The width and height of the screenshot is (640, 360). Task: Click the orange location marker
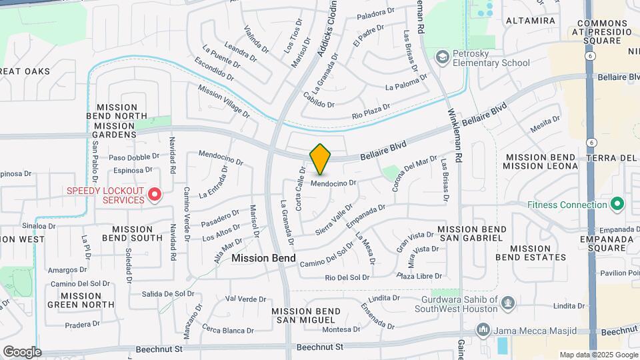320,159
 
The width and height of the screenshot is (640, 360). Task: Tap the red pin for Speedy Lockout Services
155,194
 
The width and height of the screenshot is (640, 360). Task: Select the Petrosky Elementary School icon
441,57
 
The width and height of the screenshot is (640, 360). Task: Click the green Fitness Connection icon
617,203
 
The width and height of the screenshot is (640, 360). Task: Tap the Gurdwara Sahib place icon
507,303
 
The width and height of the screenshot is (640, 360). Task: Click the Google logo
22,352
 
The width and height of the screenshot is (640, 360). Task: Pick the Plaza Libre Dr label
421,275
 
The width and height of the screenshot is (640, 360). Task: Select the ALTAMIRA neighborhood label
531,21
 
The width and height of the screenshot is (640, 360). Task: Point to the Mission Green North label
80,300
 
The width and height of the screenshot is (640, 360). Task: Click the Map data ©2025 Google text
599,355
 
